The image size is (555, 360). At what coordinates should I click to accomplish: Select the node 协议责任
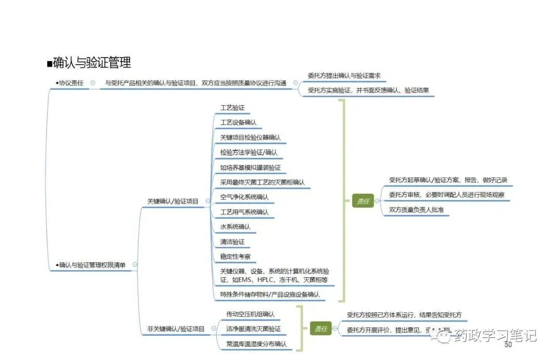[71, 83]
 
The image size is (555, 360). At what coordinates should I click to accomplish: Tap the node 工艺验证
[232, 108]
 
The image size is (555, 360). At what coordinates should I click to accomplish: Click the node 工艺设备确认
[238, 123]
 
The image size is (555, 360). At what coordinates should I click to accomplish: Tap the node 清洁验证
[232, 241]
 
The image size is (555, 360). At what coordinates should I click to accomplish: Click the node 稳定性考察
[235, 256]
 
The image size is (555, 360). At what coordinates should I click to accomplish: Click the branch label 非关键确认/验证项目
[176, 329]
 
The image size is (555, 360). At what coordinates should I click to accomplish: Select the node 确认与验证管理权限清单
[92, 265]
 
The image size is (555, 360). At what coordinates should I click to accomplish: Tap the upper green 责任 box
[363, 201]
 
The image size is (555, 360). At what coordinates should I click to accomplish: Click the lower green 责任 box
[321, 329]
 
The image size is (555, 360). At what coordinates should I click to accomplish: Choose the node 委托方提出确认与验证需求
[344, 75]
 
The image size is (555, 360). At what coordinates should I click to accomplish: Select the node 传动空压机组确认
[250, 314]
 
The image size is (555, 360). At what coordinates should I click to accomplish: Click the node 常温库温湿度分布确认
[256, 344]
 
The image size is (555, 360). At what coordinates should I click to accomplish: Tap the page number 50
[508, 345]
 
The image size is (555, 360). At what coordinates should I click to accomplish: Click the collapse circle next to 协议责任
[92, 83]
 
